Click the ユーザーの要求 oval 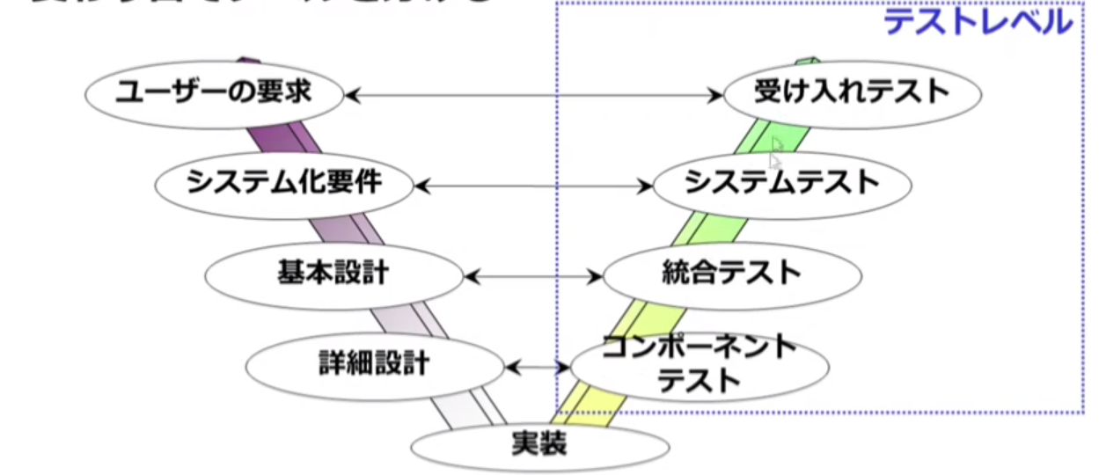214,92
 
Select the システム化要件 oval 283,184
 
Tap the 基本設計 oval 333,275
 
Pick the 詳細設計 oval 374,363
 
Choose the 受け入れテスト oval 851,92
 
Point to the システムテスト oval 781,184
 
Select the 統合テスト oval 731,274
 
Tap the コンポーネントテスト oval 700,365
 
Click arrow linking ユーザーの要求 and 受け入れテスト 533,93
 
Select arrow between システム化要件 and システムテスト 533,185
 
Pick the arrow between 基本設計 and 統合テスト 533,276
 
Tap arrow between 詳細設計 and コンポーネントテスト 538,365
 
